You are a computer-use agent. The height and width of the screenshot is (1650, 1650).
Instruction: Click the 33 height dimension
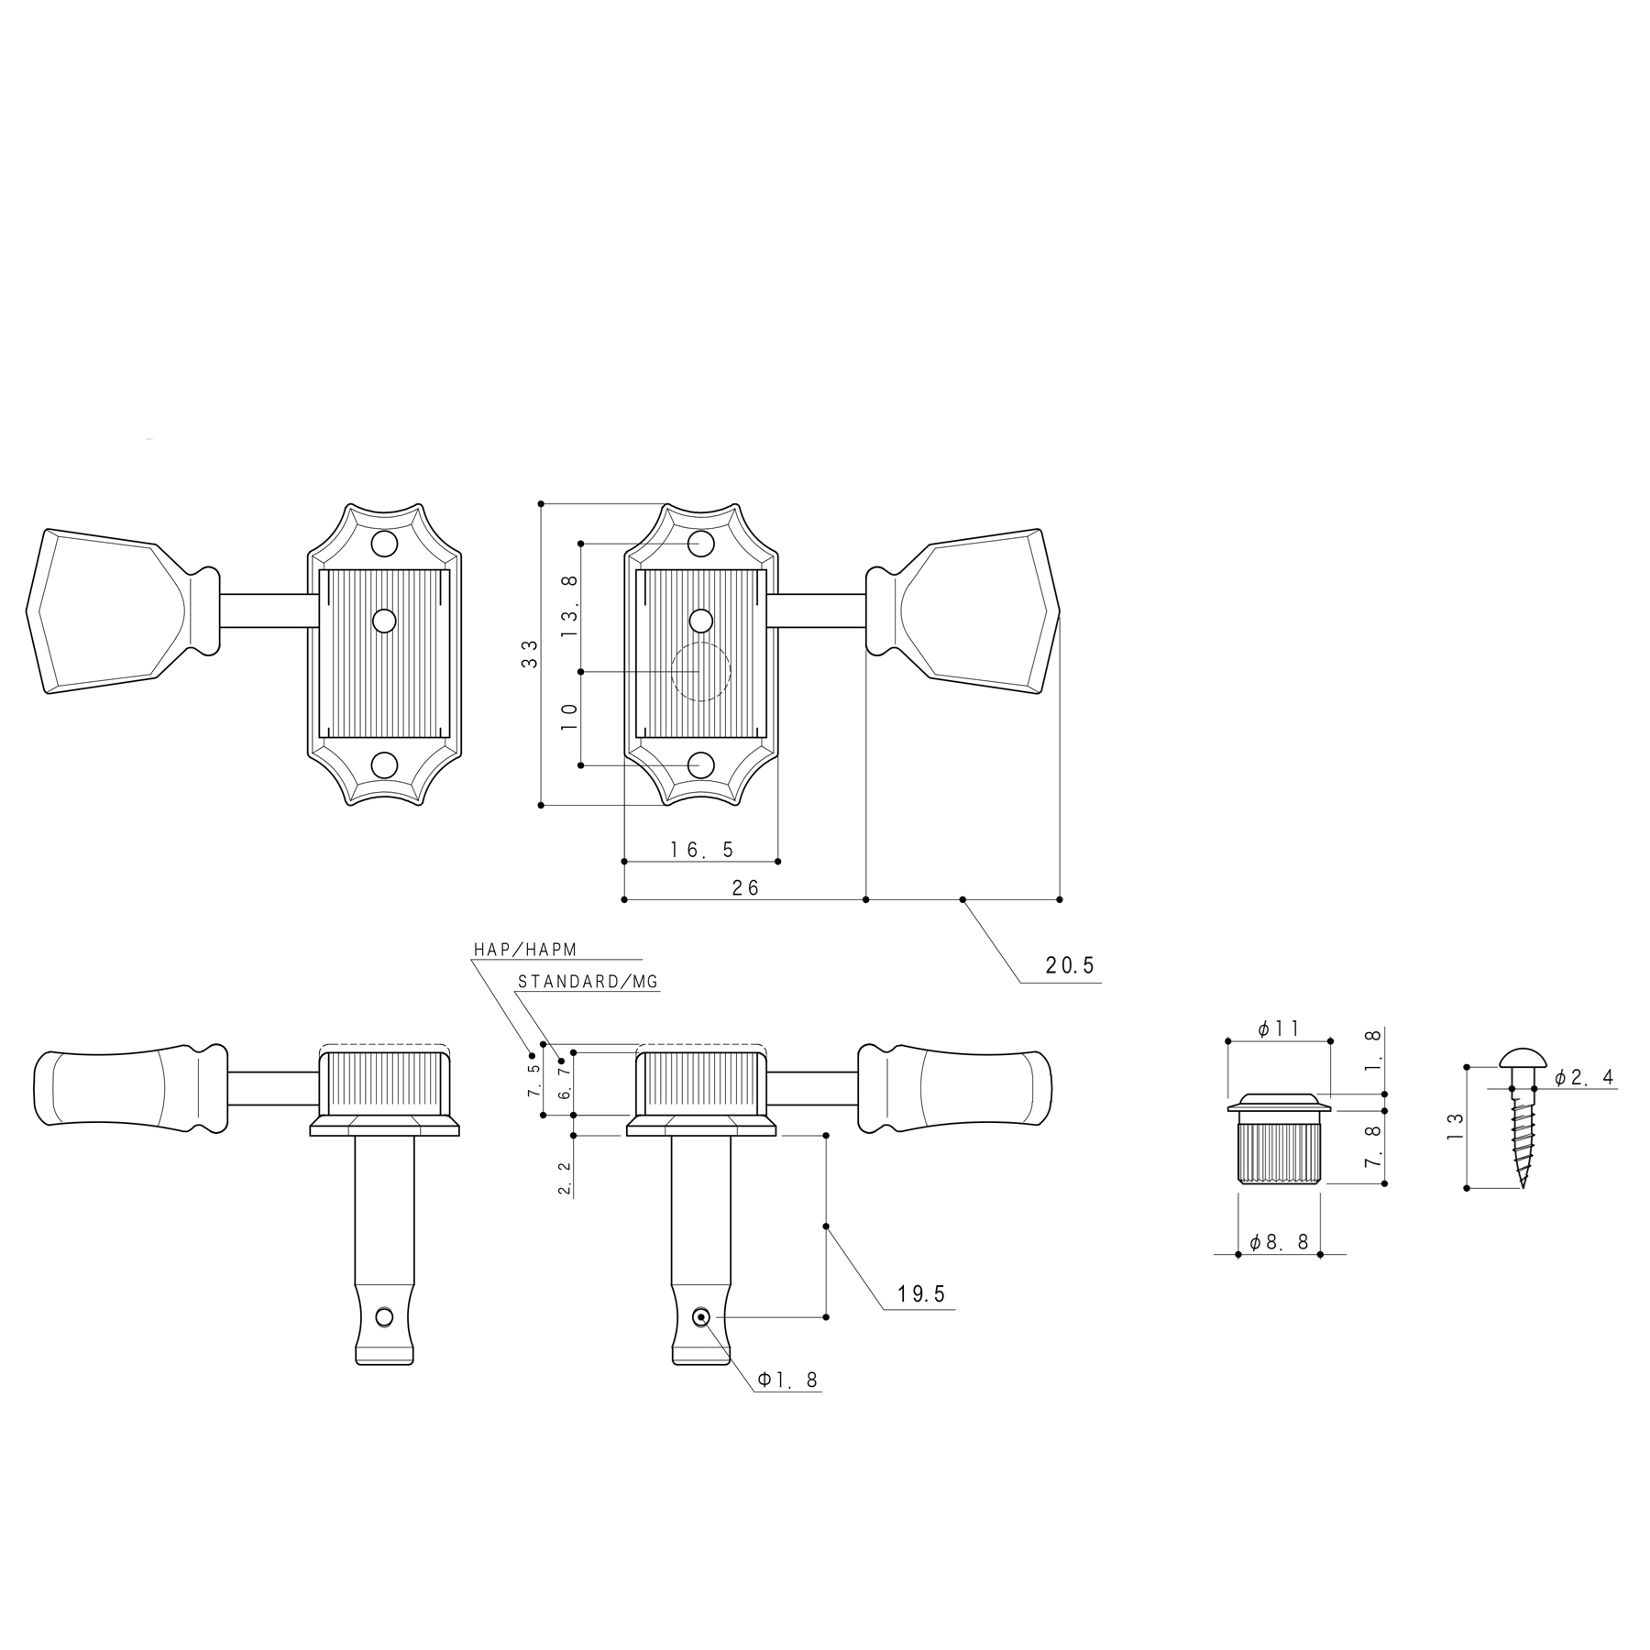530,654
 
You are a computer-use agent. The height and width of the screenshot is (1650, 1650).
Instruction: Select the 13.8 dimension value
570,607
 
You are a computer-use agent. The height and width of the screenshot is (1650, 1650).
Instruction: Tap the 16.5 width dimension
702,850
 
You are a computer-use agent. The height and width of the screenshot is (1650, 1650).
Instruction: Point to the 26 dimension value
746,887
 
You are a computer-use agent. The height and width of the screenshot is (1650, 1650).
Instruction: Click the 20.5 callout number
1070,965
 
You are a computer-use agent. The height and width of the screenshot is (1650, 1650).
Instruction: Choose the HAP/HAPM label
525,950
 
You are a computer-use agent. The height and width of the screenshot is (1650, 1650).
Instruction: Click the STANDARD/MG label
588,982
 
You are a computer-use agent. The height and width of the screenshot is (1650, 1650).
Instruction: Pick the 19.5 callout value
921,1294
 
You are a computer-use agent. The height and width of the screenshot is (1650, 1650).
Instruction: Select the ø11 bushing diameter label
1279,1029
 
